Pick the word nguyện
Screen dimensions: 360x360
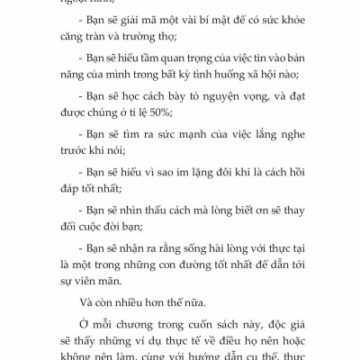tap(207, 121)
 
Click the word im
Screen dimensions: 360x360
tap(193, 196)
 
